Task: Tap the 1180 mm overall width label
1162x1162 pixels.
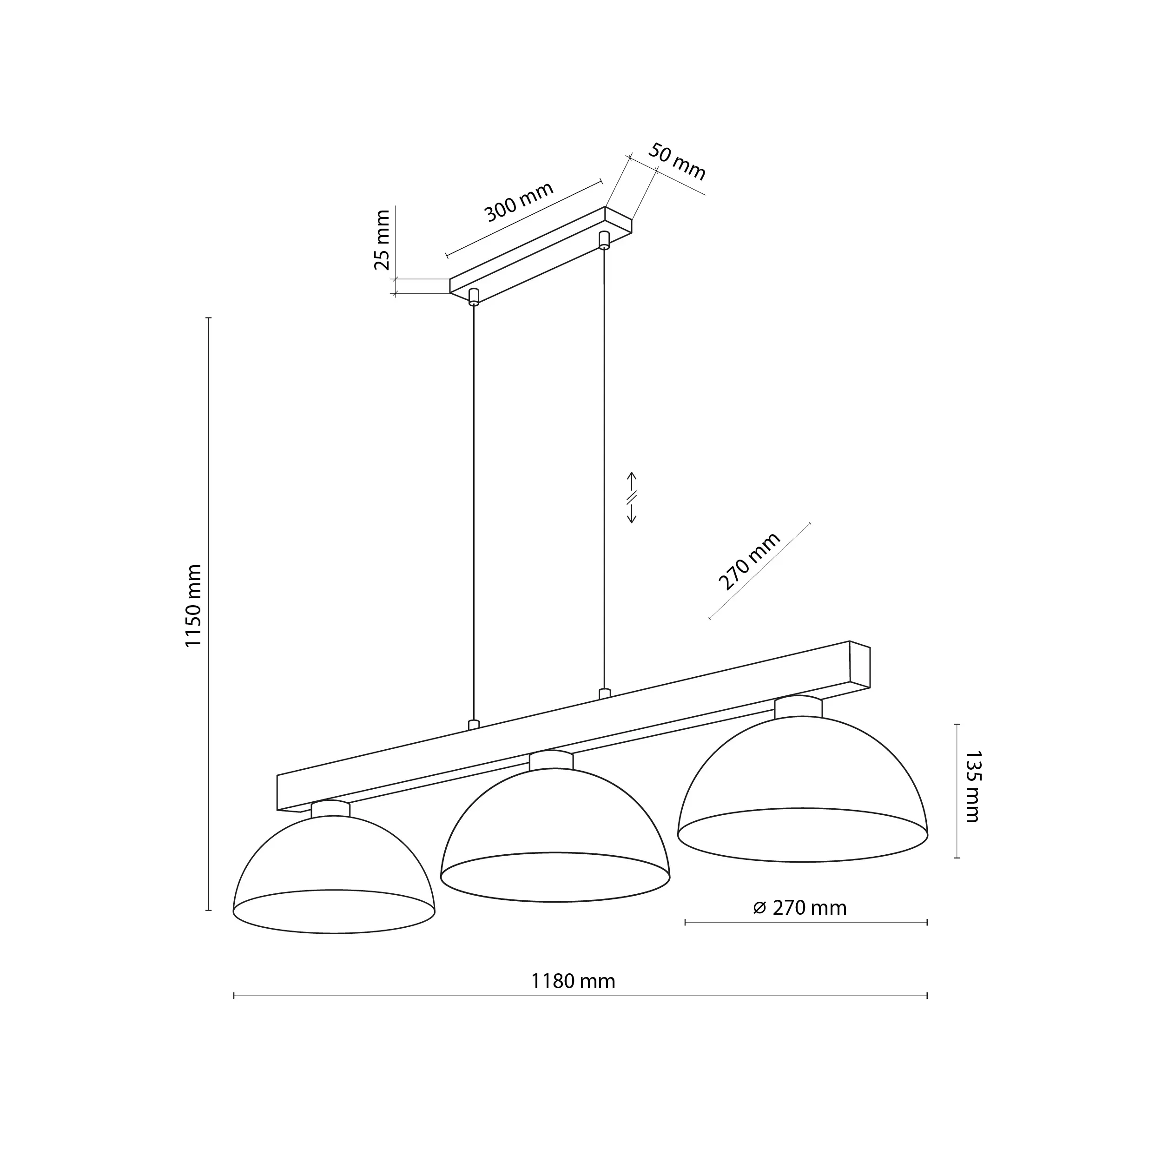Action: click(x=573, y=981)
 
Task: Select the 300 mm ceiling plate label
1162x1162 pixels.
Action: click(x=518, y=201)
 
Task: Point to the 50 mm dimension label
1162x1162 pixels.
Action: click(x=676, y=162)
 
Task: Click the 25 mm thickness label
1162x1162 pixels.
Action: click(x=382, y=239)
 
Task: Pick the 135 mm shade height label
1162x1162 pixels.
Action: click(x=972, y=786)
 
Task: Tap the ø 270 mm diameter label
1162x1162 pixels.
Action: click(x=799, y=908)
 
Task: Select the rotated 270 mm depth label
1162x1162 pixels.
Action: click(x=749, y=561)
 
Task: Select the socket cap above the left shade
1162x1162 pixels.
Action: click(x=330, y=808)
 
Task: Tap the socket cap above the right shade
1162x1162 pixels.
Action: click(x=798, y=706)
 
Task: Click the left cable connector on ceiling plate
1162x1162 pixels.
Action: click(x=474, y=297)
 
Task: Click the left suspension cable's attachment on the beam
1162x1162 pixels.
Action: click(x=474, y=725)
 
